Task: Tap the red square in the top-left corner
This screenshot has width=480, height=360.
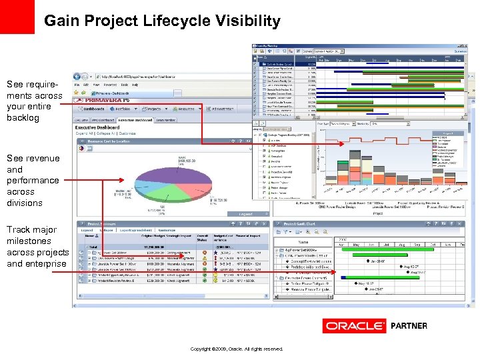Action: tap(17, 17)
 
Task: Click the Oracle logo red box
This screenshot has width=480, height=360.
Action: tap(354, 326)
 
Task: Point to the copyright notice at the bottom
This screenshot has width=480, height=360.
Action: tap(237, 349)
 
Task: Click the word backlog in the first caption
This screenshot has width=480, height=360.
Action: tap(23, 118)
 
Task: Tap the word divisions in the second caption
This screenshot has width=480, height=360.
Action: tap(25, 203)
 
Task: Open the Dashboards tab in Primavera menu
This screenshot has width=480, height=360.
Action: tap(93, 109)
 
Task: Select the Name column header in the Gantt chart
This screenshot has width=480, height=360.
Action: tap(303, 242)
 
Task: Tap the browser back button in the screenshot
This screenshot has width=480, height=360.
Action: tap(78, 77)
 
